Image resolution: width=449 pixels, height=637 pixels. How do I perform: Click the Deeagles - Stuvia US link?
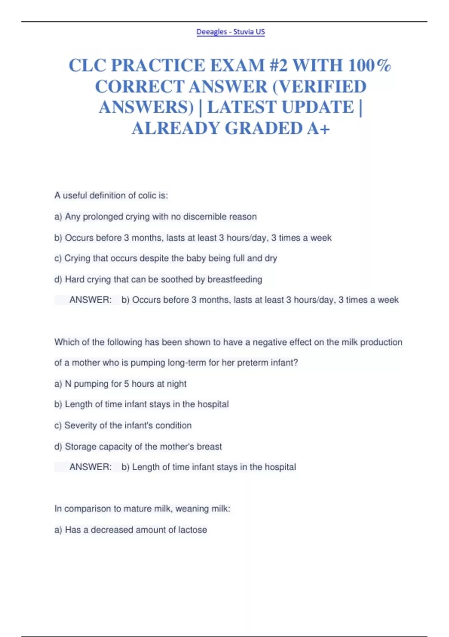[x=230, y=32]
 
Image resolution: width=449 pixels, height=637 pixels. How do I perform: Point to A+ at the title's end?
[x=318, y=128]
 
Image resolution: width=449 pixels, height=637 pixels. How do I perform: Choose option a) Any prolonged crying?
[x=155, y=217]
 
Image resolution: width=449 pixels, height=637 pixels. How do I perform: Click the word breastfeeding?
[x=235, y=279]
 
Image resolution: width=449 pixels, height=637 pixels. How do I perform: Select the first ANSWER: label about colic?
[x=91, y=300]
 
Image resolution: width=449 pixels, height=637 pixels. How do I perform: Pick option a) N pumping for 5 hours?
[x=120, y=384]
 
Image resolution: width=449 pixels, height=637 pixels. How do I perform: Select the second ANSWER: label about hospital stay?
[x=91, y=467]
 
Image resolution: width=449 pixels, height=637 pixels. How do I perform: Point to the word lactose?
[x=192, y=529]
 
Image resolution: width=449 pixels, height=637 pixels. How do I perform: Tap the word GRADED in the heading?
[x=263, y=128]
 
